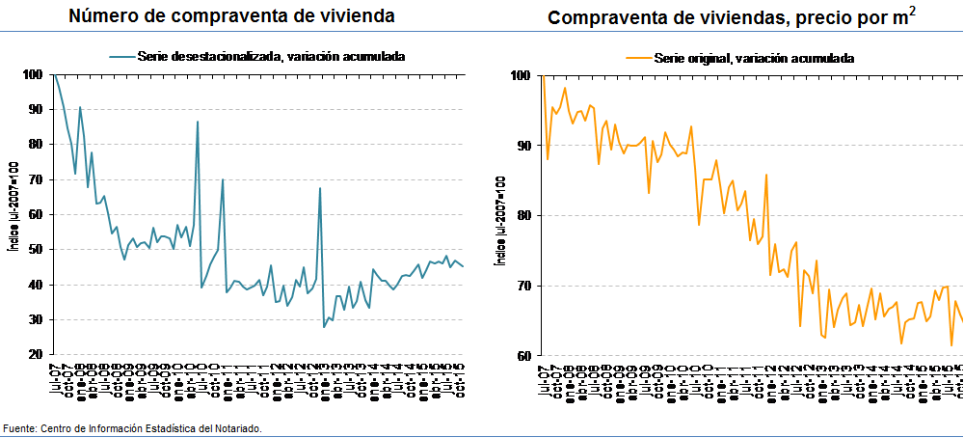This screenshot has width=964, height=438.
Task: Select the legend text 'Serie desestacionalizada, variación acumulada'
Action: click(270, 56)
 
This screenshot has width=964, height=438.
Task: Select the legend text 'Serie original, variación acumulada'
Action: click(753, 58)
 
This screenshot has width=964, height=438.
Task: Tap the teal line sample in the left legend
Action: click(120, 56)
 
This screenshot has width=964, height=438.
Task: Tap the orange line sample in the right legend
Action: click(636, 58)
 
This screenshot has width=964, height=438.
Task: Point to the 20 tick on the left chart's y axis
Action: click(34, 355)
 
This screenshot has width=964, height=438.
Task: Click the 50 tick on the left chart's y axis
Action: click(34, 250)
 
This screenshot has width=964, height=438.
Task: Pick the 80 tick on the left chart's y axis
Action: click(34, 145)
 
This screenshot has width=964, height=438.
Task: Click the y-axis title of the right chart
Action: click(499, 214)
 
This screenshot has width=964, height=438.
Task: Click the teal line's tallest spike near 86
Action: click(198, 123)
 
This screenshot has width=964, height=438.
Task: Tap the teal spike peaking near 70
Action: click(223, 180)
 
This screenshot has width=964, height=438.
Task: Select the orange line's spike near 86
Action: click(765, 176)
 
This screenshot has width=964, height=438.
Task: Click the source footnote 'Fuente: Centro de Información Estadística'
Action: click(132, 427)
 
